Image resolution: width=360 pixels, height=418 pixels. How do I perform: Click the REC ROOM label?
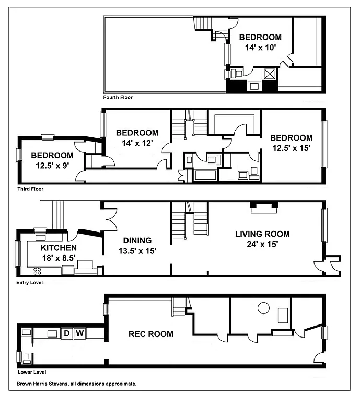(x=151, y=334)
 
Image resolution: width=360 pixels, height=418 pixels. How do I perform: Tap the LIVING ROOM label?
(x=262, y=234)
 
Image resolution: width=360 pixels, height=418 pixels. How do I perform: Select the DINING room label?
(x=137, y=241)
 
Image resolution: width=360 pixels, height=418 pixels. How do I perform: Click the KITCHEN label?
(x=59, y=248)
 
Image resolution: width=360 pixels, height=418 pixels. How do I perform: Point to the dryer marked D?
(x=67, y=333)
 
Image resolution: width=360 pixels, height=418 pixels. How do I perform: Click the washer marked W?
(x=80, y=333)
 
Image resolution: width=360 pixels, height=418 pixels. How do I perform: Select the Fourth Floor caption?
(x=118, y=97)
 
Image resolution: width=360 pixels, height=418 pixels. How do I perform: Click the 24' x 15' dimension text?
(x=262, y=243)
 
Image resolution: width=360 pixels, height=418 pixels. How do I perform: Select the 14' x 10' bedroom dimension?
(x=260, y=47)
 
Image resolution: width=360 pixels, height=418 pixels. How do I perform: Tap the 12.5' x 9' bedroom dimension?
(x=52, y=165)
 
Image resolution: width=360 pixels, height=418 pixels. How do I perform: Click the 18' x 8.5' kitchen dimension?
(x=59, y=257)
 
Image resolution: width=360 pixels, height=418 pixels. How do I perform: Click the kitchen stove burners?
(x=38, y=270)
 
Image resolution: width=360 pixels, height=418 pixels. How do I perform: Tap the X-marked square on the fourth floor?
(x=270, y=74)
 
